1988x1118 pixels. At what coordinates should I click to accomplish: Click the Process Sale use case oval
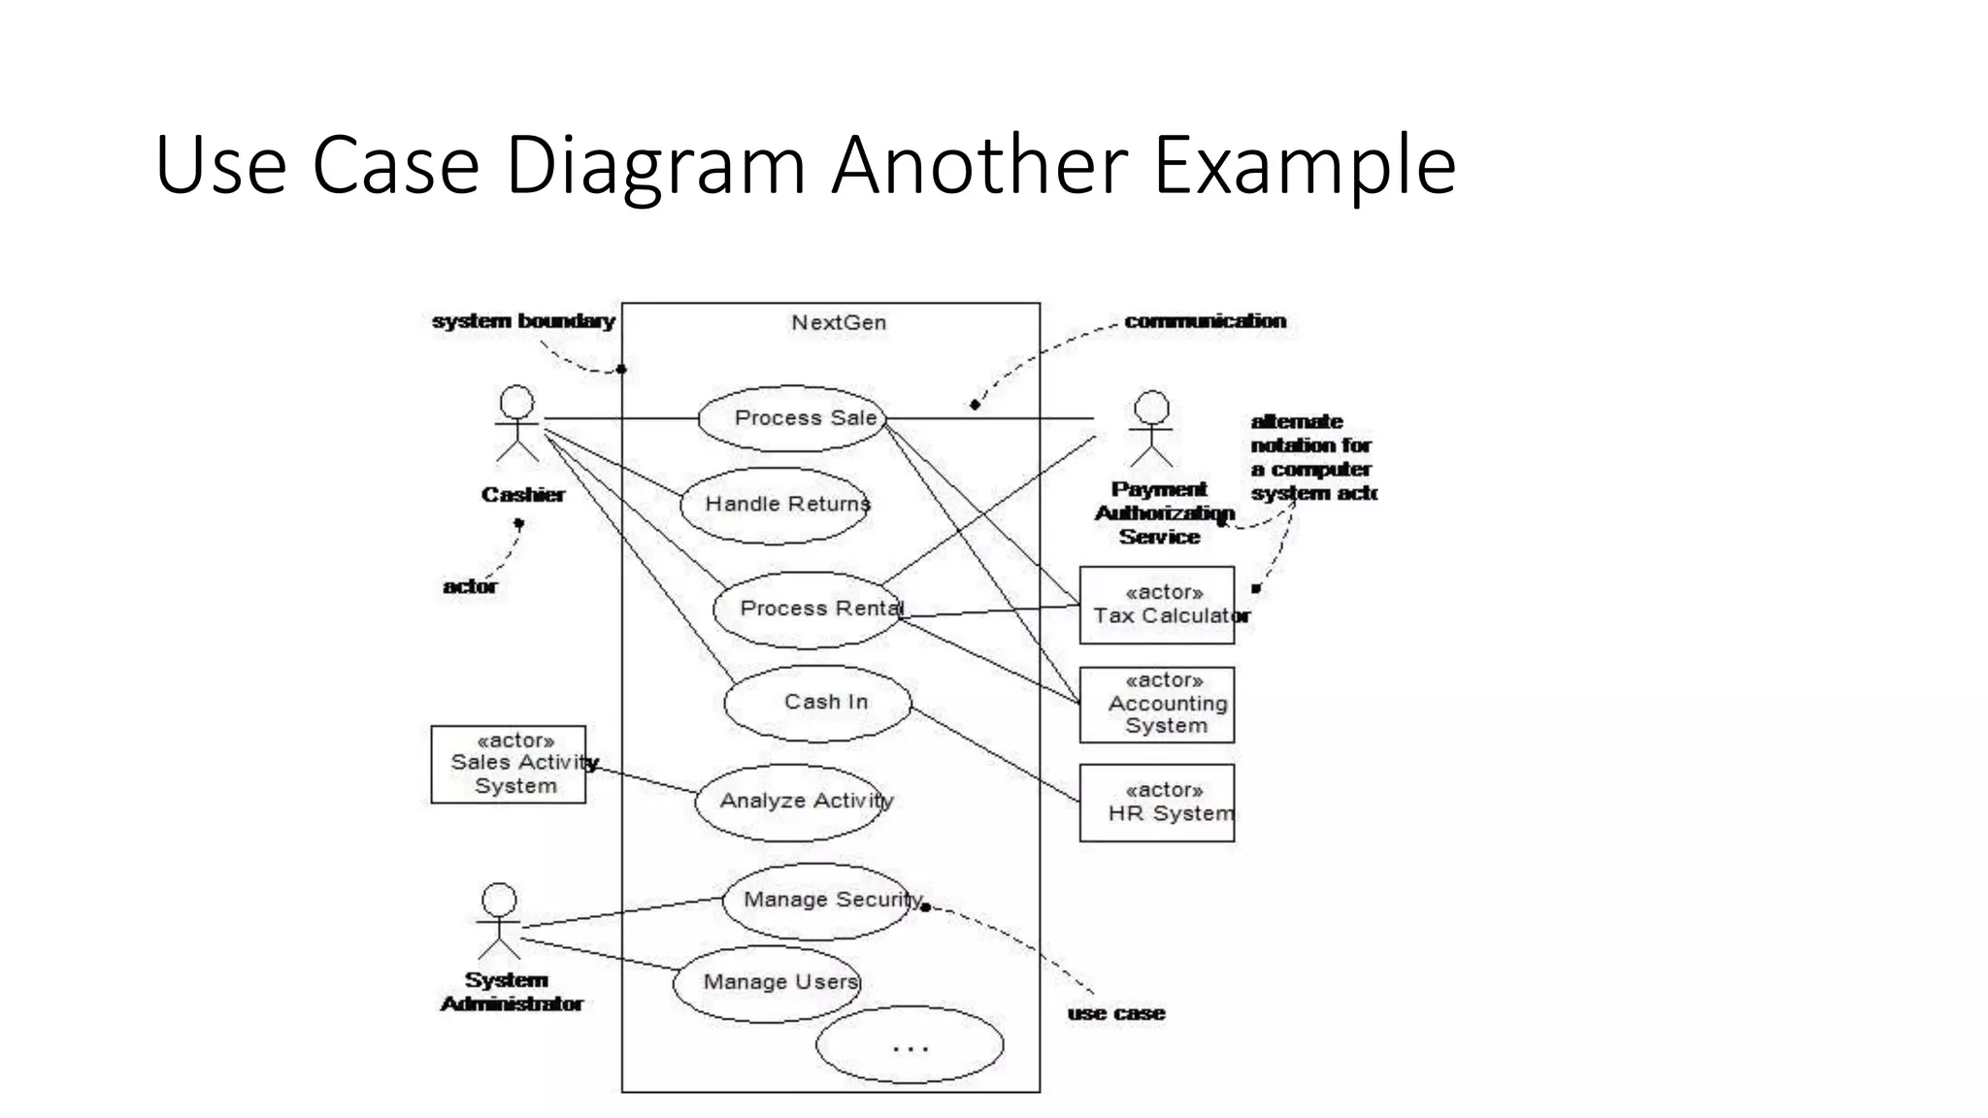793,418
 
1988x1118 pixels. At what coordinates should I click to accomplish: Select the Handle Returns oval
775,505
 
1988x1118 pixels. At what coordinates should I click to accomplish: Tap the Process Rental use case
809,609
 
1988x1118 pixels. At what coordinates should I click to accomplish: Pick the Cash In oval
818,703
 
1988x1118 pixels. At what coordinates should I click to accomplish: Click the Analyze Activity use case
791,802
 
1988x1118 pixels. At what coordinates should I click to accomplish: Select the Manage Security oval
817,901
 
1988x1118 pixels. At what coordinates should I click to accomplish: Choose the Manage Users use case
767,983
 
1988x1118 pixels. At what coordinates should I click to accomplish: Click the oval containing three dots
910,1045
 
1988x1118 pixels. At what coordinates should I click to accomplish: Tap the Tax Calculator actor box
1157,606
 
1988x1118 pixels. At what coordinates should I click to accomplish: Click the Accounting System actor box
1157,705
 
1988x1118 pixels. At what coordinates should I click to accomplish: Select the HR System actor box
1157,803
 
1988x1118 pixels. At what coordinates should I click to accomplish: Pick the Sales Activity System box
509,765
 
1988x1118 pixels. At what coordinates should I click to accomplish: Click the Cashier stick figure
516,424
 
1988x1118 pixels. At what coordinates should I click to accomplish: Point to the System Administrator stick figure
499,921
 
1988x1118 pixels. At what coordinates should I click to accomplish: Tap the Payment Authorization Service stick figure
1151,428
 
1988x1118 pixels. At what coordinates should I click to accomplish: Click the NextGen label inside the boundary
839,323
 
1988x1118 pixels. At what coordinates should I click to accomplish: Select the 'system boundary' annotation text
523,321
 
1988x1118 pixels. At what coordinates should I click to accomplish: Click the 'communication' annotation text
1205,321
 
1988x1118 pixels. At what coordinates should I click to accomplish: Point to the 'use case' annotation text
1115,1013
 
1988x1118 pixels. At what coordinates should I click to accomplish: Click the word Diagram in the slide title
656,165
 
